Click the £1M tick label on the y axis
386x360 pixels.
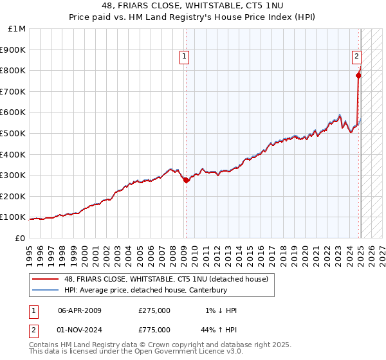tap(16, 29)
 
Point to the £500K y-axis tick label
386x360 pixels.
tap(14, 133)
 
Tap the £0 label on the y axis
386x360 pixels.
tap(20, 238)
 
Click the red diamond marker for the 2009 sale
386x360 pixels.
tap(186, 181)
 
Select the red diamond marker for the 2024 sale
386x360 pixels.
tap(358, 76)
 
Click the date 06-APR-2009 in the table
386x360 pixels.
tap(80, 310)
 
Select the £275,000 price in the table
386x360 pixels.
tap(154, 310)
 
